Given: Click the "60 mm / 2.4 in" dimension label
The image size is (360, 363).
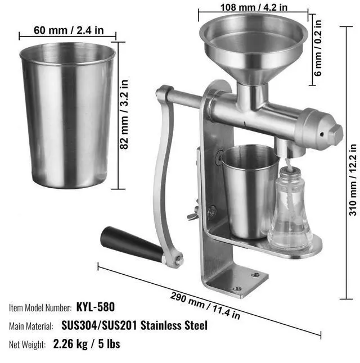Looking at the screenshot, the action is pos(69,30).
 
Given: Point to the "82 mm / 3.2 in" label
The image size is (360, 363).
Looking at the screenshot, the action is pos(124,115).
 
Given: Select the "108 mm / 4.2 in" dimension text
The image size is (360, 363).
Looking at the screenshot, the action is pos(254,7).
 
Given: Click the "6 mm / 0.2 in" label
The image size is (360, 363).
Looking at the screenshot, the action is pos(318,48).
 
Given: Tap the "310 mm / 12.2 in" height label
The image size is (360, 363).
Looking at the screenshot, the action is pos(353,180).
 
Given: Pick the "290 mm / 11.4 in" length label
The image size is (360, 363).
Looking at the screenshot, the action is pos(205,306).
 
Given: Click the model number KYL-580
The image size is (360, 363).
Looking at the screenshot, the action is pos(96,307).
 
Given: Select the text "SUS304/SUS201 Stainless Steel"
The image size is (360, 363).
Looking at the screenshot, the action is pos(134,325).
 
